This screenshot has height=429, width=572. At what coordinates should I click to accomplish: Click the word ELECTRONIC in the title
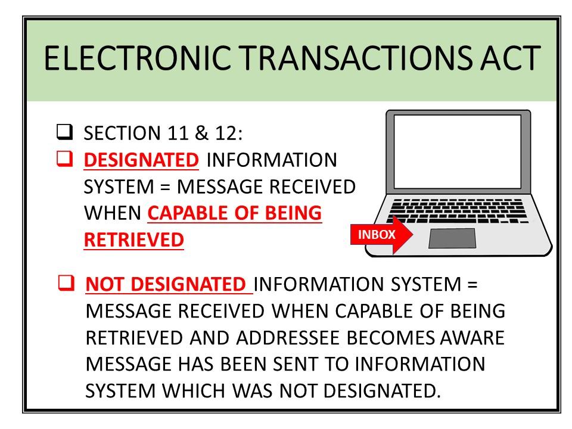138,58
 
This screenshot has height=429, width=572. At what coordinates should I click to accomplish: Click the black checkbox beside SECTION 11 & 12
64,132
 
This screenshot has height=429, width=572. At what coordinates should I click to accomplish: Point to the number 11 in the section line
178,133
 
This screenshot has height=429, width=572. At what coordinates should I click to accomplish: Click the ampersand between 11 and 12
201,133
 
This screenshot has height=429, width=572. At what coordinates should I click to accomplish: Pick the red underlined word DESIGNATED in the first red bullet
141,160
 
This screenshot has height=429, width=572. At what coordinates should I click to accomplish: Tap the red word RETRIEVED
134,240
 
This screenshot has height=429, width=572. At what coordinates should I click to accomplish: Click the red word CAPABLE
188,213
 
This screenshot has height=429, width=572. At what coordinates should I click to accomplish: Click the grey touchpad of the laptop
452,238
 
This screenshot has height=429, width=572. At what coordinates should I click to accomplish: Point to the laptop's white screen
458,152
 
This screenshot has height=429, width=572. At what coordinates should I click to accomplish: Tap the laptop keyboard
458,211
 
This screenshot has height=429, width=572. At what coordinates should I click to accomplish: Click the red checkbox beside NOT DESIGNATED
66,282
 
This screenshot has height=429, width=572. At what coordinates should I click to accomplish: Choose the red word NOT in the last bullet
104,285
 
